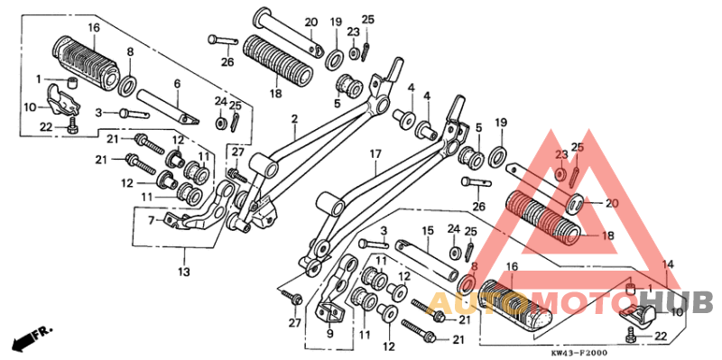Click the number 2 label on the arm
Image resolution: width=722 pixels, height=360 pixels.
(294, 120)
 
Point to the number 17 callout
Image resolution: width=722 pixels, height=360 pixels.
(375, 154)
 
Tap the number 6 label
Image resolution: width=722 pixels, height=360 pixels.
(177, 84)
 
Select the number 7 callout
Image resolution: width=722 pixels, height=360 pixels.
(152, 222)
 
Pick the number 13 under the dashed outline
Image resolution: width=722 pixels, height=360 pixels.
(184, 272)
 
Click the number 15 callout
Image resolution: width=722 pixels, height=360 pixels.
(428, 231)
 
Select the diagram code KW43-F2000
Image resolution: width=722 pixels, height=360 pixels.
(579, 353)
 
